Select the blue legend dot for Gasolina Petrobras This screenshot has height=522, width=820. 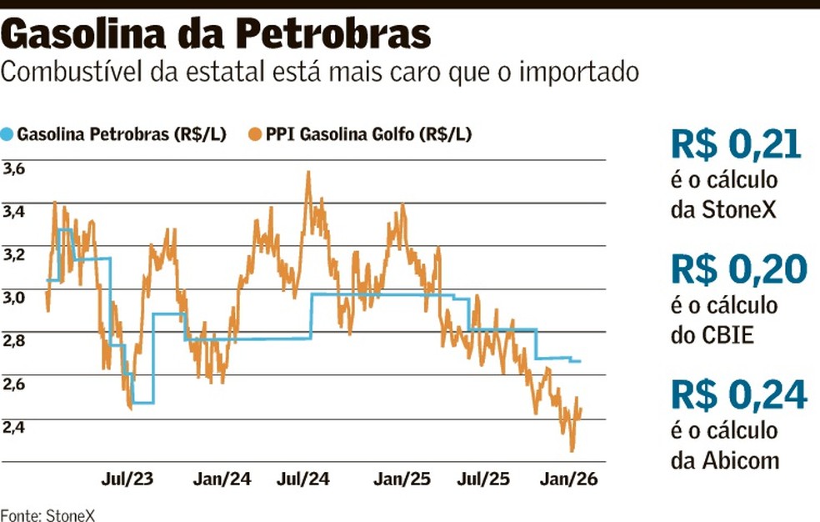click(x=8, y=133)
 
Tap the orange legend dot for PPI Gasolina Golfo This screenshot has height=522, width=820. click(x=255, y=133)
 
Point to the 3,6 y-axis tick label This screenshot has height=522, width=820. click(x=14, y=168)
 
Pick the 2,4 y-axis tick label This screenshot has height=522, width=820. click(x=14, y=427)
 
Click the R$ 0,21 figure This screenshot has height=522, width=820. click(x=736, y=145)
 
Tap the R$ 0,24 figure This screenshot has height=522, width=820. click(x=737, y=395)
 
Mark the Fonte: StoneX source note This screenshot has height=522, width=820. click(x=47, y=514)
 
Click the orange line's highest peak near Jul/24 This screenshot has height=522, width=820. click(x=308, y=173)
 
